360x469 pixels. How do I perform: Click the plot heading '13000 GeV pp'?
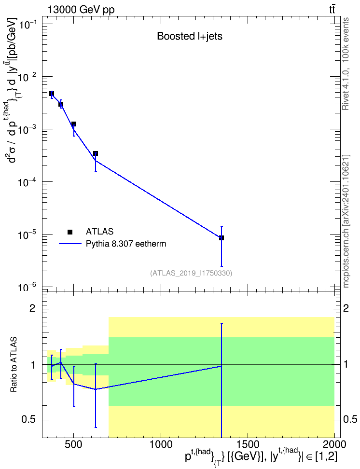(x=81, y=10)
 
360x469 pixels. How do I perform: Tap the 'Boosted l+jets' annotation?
(x=190, y=36)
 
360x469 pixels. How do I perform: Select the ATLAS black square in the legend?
(x=70, y=232)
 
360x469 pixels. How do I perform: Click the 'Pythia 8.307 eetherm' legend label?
(x=126, y=244)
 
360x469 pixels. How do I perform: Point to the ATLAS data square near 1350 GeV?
(x=222, y=238)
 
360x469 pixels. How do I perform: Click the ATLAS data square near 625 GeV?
(x=96, y=154)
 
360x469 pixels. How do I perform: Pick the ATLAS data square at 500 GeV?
(x=74, y=124)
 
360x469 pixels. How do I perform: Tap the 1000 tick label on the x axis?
(x=161, y=444)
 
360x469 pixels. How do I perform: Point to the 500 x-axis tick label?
(x=74, y=444)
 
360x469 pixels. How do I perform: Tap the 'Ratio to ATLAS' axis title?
(x=14, y=365)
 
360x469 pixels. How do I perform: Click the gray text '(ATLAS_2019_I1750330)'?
(x=191, y=273)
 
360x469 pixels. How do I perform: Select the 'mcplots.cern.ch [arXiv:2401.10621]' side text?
(x=346, y=221)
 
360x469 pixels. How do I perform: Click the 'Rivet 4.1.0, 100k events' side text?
(x=346, y=64)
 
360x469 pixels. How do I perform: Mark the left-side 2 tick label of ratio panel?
(x=32, y=308)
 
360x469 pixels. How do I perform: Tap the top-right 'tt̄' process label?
(x=332, y=9)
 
